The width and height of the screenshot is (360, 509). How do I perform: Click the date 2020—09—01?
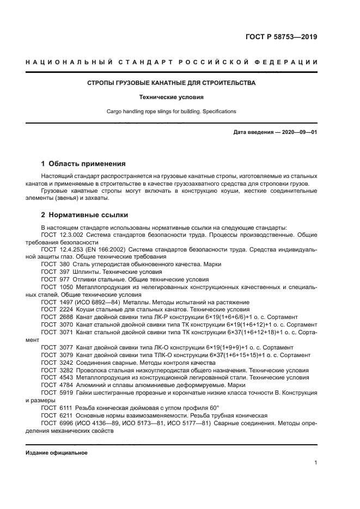pyautogui.click(x=299, y=132)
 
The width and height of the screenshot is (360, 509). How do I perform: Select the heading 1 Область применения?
pyautogui.click(x=84, y=163)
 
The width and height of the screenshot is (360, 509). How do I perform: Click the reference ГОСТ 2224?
pyautogui.click(x=57, y=309)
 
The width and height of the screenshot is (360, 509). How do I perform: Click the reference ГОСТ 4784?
pyautogui.click(x=57, y=384)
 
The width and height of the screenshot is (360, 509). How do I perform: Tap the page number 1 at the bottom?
pyautogui.click(x=315, y=463)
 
